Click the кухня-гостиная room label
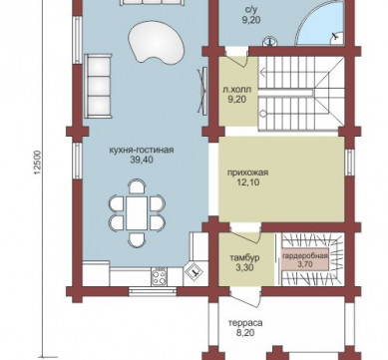coord(142,150)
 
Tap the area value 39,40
coord(142,160)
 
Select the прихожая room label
coord(247,173)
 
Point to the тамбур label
coord(244,258)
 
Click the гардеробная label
coord(305,256)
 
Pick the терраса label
coord(245,323)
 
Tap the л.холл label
coord(236,90)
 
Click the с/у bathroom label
coord(251,10)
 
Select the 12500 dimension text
coord(37,163)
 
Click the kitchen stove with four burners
coord(159,276)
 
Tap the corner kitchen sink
coord(195,272)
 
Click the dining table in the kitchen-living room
coord(137,212)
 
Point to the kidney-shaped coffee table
coord(156,42)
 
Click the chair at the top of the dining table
coord(137,186)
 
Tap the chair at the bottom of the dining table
coord(137,239)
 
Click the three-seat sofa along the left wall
coord(98,86)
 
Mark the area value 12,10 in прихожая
coord(248,182)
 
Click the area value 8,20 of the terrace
coord(245,333)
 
